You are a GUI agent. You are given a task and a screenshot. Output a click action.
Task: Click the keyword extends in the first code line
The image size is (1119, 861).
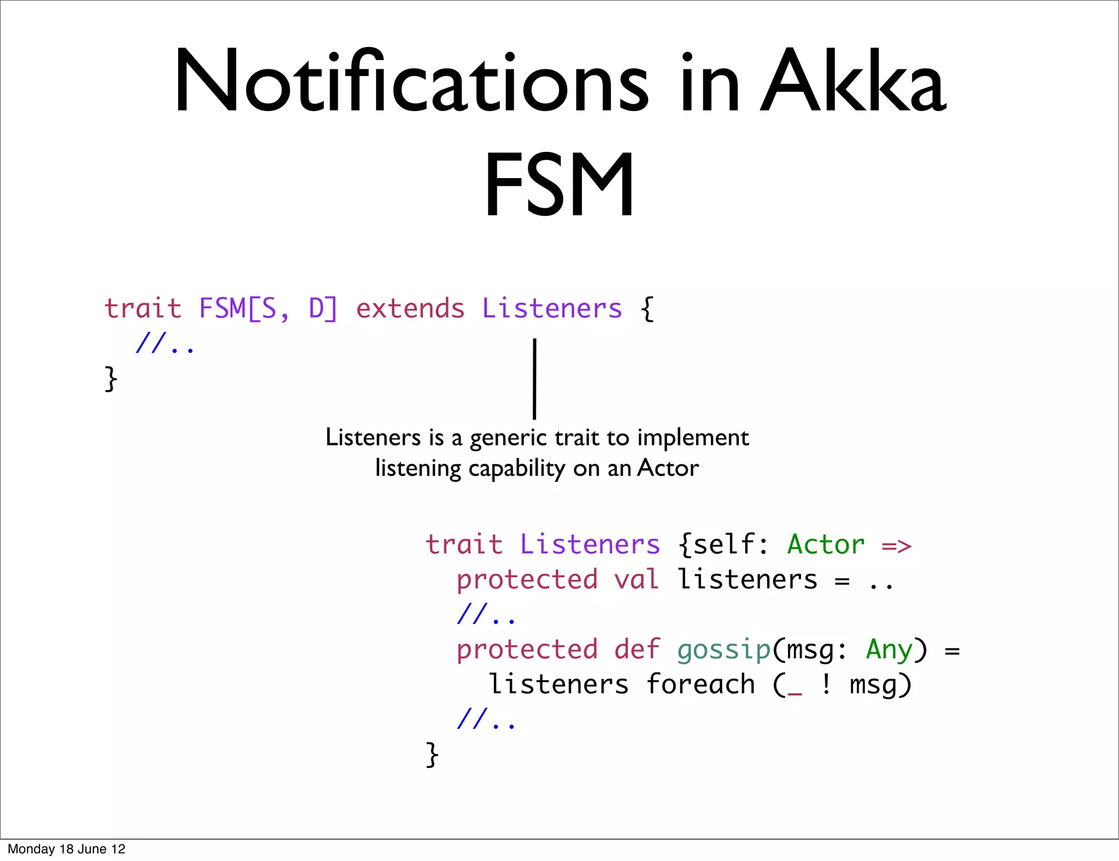pyautogui.click(x=410, y=309)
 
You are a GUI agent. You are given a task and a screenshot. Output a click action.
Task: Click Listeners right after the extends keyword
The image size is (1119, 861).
pyautogui.click(x=552, y=309)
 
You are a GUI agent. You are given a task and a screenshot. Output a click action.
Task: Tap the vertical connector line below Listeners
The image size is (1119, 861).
pyautogui.click(x=534, y=379)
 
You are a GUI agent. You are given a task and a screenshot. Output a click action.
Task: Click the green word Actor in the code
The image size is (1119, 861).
pyautogui.click(x=826, y=545)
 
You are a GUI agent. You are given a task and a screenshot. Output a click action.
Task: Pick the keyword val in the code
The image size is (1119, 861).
pyautogui.click(x=637, y=580)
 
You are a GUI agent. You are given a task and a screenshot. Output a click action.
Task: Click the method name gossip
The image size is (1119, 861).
pyautogui.click(x=723, y=650)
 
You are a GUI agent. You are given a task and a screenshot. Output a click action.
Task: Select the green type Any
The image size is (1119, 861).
pyautogui.click(x=889, y=650)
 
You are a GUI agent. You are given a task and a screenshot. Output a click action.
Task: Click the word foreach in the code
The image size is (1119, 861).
pyautogui.click(x=700, y=685)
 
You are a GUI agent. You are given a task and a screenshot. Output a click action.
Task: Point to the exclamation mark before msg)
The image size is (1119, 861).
pyautogui.click(x=826, y=685)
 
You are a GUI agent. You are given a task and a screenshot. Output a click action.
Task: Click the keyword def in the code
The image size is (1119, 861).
pyautogui.click(x=637, y=650)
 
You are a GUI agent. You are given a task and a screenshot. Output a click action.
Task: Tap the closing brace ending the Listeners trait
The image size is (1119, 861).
pyautogui.click(x=432, y=754)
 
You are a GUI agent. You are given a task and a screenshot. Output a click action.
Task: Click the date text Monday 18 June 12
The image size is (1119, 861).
pyautogui.click(x=67, y=849)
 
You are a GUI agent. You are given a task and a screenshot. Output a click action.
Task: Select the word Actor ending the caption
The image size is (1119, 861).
pyautogui.click(x=668, y=468)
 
